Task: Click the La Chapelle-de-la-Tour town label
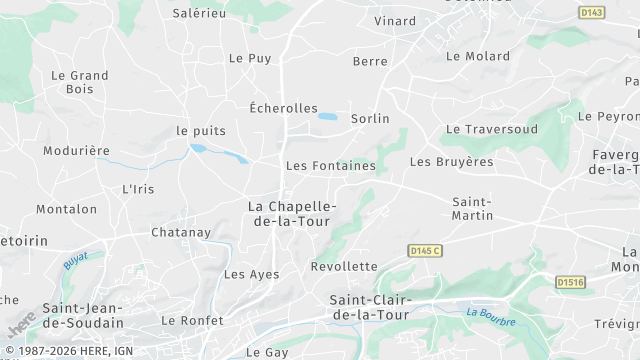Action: click(292, 213)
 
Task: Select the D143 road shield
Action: click(592, 12)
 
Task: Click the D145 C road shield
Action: click(425, 249)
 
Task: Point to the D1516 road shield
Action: click(570, 282)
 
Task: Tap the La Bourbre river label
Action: click(491, 318)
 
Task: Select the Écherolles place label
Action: click(283, 108)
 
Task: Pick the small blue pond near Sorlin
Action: click(327, 117)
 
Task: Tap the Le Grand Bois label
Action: click(79, 82)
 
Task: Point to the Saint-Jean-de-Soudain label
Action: click(83, 315)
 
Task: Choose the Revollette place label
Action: click(344, 266)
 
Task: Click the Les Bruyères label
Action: click(452, 161)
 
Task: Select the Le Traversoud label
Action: click(492, 129)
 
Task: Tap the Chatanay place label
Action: click(181, 232)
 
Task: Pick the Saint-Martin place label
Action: click(472, 208)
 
